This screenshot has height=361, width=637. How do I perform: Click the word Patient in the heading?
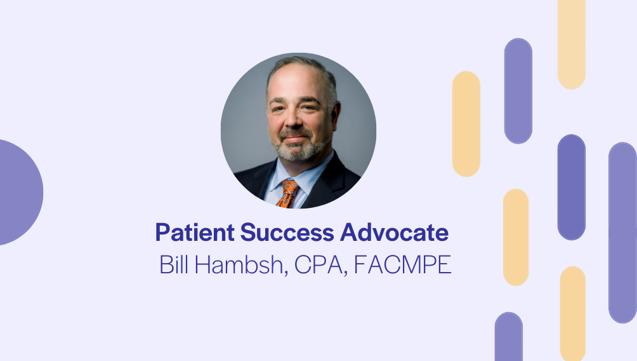tap(195, 233)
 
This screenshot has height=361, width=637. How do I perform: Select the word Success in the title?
tap(287, 233)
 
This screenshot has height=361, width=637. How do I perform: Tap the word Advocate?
tap(395, 233)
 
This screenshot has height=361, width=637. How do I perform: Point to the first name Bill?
tap(174, 264)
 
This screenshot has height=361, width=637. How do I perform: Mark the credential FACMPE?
tap(403, 264)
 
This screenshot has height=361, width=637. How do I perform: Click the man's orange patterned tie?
tap(288, 193)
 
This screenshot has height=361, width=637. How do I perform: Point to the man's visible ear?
tap(336, 112)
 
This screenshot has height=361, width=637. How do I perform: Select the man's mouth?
tap(296, 139)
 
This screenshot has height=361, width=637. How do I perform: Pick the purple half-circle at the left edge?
tap(20, 192)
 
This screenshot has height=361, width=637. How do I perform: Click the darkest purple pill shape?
tap(571, 187)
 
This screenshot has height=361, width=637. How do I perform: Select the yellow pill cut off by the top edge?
tap(571, 44)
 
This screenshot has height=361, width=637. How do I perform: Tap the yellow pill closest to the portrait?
tap(466, 124)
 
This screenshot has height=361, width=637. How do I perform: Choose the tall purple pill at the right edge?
tap(622, 233)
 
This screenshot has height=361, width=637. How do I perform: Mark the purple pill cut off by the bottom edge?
tap(508, 337)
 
